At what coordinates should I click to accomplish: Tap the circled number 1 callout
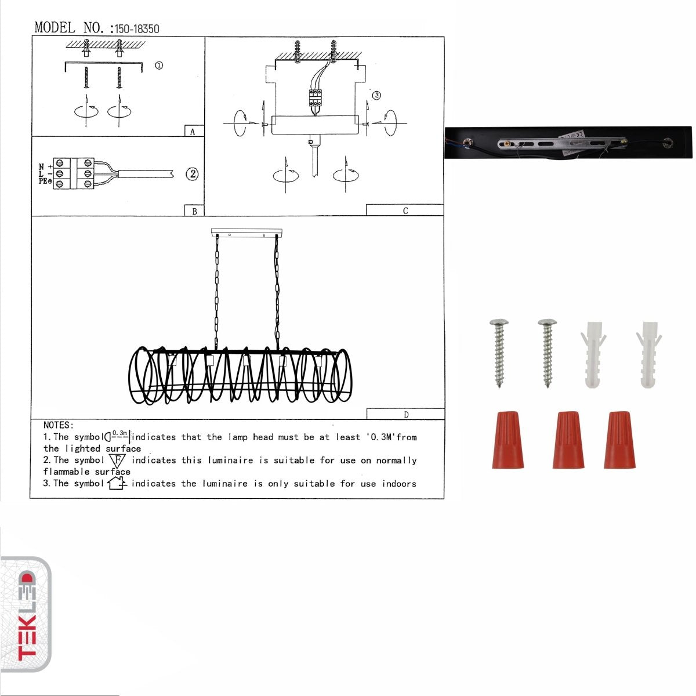tap(159, 66)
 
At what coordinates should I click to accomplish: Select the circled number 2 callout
tap(192, 173)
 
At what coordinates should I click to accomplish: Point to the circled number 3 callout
tap(376, 95)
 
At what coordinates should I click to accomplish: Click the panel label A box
tap(193, 132)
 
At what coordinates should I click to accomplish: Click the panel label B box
tap(194, 211)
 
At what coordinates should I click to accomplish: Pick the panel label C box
tap(405, 211)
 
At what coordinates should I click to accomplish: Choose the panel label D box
tap(405, 414)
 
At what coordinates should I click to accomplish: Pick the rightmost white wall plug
tap(648, 354)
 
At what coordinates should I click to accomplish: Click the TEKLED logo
tap(26, 615)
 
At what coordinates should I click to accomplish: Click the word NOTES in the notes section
tap(57, 425)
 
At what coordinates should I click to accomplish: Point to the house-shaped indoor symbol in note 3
tap(117, 483)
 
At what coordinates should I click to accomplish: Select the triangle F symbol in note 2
tap(117, 461)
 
